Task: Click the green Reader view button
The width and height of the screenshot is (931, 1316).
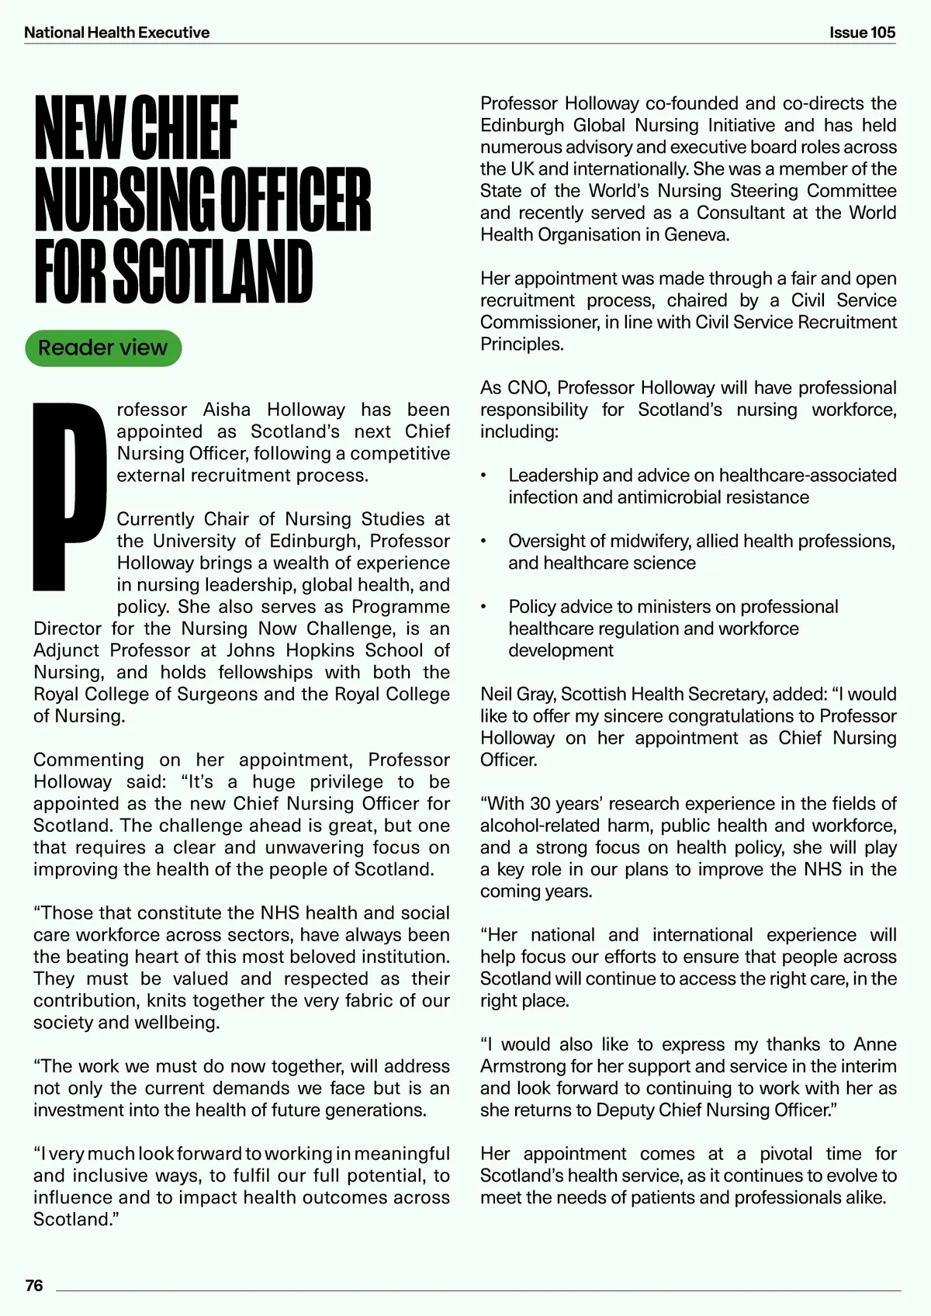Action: pyautogui.click(x=103, y=348)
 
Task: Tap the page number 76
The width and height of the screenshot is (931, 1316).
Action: pyautogui.click(x=34, y=1286)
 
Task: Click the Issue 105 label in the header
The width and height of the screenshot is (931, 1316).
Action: pyautogui.click(x=862, y=33)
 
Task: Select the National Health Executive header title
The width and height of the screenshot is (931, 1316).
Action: pyautogui.click(x=116, y=33)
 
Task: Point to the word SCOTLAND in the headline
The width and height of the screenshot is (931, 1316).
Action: pyautogui.click(x=213, y=272)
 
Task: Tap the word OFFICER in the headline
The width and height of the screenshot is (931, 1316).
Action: pyautogui.click(x=296, y=199)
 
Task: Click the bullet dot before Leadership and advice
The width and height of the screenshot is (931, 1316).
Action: pyautogui.click(x=483, y=476)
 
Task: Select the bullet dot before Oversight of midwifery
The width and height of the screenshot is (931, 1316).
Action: pyautogui.click(x=483, y=542)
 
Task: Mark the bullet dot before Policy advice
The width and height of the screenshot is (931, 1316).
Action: pyautogui.click(x=483, y=607)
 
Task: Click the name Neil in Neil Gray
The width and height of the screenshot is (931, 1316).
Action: pyautogui.click(x=497, y=694)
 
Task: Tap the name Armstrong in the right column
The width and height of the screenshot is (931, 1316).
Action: pyautogui.click(x=517, y=1066)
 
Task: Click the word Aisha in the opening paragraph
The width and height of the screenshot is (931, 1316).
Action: pyautogui.click(x=227, y=410)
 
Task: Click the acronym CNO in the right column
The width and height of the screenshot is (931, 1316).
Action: pyautogui.click(x=527, y=388)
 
